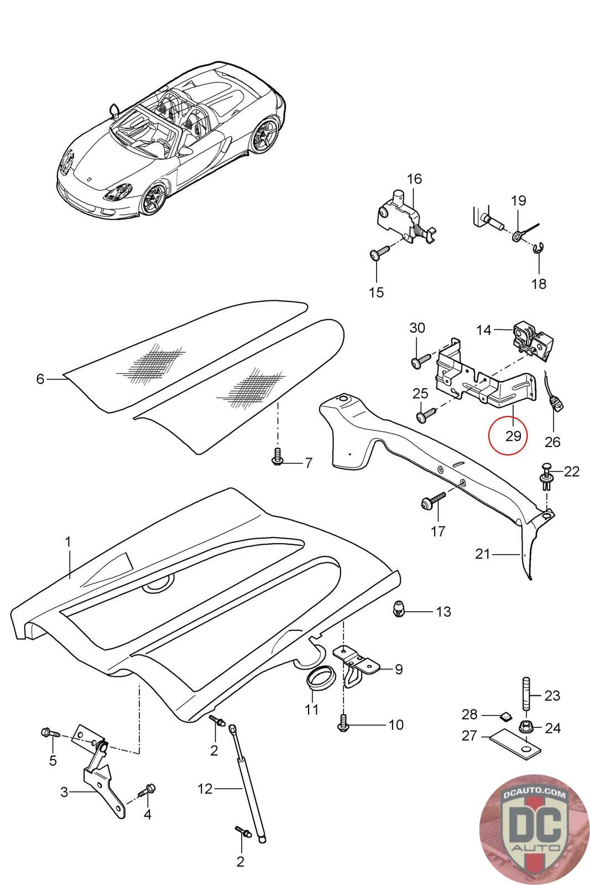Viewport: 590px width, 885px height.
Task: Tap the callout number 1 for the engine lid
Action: point(68,542)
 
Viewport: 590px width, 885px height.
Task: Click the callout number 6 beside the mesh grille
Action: point(40,379)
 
